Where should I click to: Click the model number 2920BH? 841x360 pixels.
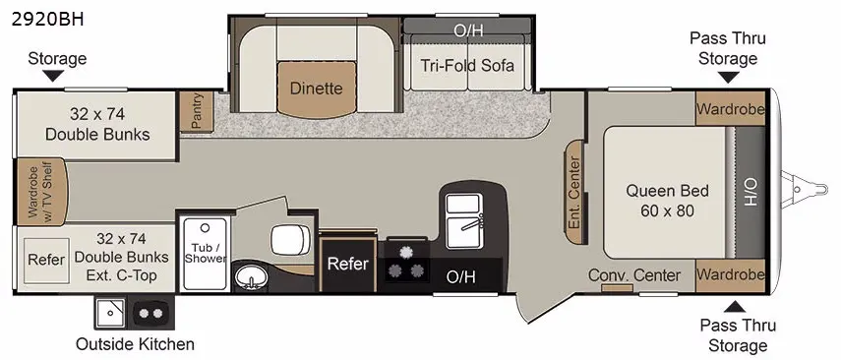48,20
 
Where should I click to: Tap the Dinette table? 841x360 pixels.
317,89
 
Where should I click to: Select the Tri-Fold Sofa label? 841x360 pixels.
466,66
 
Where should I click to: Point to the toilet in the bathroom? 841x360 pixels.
289,240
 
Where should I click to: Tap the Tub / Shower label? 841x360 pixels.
205,253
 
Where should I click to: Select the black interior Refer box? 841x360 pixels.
348,264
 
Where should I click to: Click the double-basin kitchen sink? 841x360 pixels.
464,220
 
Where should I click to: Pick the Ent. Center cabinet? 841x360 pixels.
576,193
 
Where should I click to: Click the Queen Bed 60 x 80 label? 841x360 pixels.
667,201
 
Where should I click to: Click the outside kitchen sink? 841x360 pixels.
111,312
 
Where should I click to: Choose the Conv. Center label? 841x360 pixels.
634,275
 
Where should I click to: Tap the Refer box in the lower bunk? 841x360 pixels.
46,261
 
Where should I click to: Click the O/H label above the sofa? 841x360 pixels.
468,30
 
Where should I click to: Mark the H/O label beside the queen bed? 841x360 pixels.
750,192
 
